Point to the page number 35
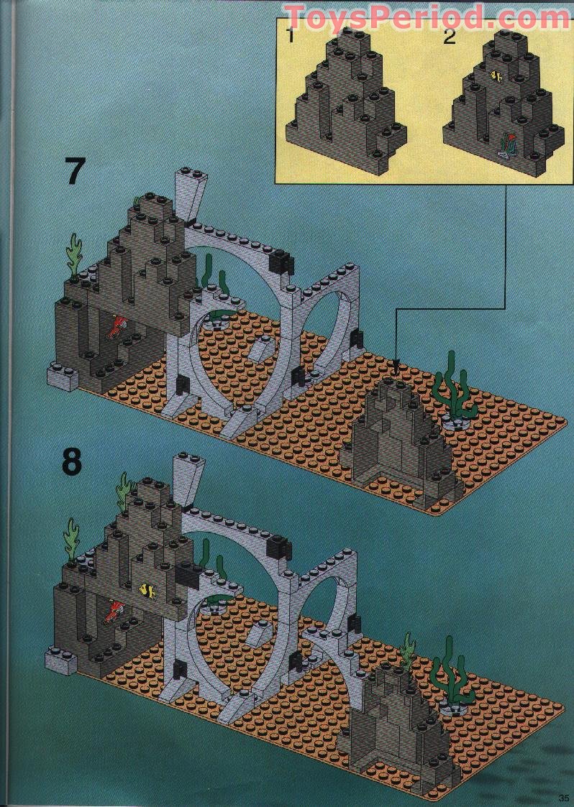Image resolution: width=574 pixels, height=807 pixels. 562,798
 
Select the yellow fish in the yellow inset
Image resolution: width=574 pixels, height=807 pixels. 496,74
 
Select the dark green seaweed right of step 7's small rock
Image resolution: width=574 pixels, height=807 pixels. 453,388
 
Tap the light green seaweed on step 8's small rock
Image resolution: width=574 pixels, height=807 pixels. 408,650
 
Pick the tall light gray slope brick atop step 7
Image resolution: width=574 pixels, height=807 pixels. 191,198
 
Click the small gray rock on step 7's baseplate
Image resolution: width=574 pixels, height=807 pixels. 403,438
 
